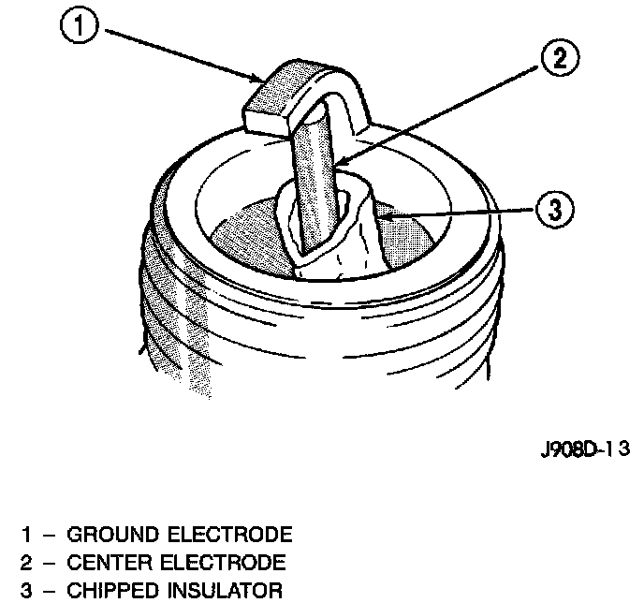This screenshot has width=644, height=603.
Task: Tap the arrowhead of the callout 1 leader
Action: click(x=261, y=79)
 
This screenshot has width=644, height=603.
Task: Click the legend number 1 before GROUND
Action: click(x=29, y=536)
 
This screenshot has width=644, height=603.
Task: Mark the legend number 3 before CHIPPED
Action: click(x=29, y=592)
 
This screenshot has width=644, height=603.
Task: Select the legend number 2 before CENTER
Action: click(x=29, y=564)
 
